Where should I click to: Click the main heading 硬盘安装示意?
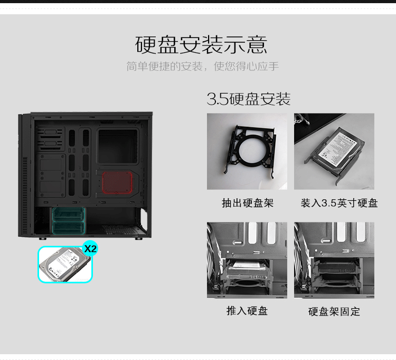(x=201, y=45)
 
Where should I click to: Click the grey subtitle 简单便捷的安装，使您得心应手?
(x=203, y=67)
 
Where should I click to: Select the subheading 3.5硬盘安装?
(x=249, y=99)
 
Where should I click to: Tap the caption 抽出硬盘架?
(x=248, y=203)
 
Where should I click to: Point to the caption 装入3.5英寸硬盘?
(x=339, y=203)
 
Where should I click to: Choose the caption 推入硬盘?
(x=247, y=311)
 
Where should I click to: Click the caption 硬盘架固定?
(x=334, y=311)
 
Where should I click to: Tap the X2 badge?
(x=90, y=249)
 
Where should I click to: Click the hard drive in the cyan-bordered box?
(x=64, y=265)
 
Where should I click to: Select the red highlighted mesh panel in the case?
(x=117, y=182)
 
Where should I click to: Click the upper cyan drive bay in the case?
(x=69, y=214)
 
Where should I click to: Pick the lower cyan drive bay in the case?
(x=69, y=227)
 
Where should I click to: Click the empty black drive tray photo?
(x=247, y=151)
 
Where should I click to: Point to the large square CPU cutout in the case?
(x=118, y=146)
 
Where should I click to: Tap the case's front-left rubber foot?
(x=42, y=238)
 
